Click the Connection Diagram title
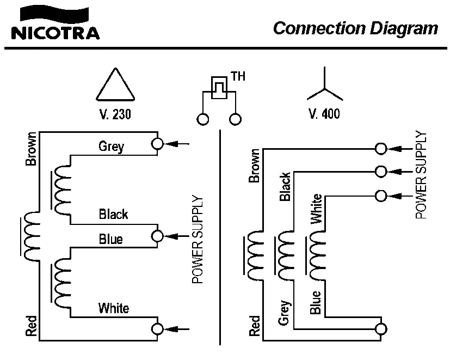pos(355,28)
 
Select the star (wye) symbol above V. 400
pos(325,87)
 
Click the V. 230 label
pos(115,115)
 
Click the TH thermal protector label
pos(238,76)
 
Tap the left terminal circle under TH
pos(203,119)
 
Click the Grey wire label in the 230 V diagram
pos(111,146)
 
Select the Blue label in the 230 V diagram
pos(110,239)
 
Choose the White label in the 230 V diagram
pos(114,308)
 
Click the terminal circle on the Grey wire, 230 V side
pos(158,144)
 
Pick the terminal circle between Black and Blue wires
pos(158,236)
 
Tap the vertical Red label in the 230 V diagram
pos(31,326)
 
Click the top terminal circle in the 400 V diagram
pos(381,149)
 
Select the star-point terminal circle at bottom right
pos(381,329)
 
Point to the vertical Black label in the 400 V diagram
pos(285,187)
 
